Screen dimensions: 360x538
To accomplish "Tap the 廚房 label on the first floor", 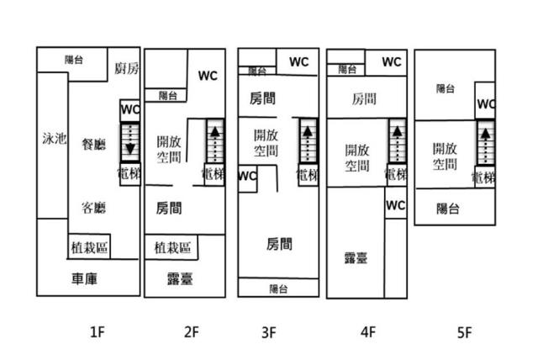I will (127, 68).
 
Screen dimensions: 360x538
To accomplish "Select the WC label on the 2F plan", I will (208, 75).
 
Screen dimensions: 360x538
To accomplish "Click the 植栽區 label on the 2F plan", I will (172, 247).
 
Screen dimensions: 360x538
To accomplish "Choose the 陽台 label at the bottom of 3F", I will (278, 289).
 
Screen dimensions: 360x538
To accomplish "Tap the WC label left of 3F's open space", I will (247, 177).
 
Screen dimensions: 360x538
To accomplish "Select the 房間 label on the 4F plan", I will (364, 99).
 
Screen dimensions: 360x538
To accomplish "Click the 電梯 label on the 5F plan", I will (483, 177).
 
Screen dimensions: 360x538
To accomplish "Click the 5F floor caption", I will (464, 332).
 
